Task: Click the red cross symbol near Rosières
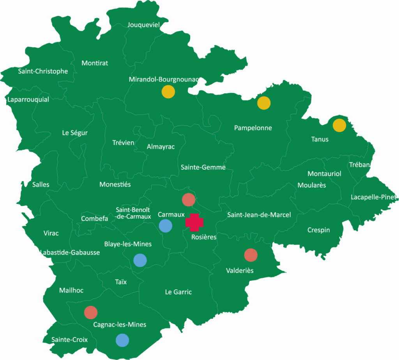[x=194, y=222]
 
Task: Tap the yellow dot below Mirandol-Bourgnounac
[x=168, y=92]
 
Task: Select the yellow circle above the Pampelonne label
[x=264, y=103]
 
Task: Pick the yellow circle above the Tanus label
[x=339, y=126]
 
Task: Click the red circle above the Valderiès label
[x=251, y=255]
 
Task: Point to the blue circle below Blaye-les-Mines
[x=140, y=260]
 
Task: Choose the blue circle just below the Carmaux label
[x=166, y=226]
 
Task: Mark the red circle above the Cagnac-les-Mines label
[x=91, y=312]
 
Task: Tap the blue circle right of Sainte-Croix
[x=122, y=340]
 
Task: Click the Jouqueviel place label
[x=144, y=25]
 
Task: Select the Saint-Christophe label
[x=43, y=71]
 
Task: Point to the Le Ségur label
[x=75, y=133]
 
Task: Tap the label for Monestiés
[x=115, y=184]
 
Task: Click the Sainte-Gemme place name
[x=203, y=167]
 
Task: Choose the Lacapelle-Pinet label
[x=373, y=197]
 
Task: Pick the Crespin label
[x=318, y=230]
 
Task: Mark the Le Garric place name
[x=178, y=292]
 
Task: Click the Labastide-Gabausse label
[x=70, y=253]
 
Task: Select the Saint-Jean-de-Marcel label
[x=259, y=215]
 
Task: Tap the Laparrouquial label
[x=28, y=99]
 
